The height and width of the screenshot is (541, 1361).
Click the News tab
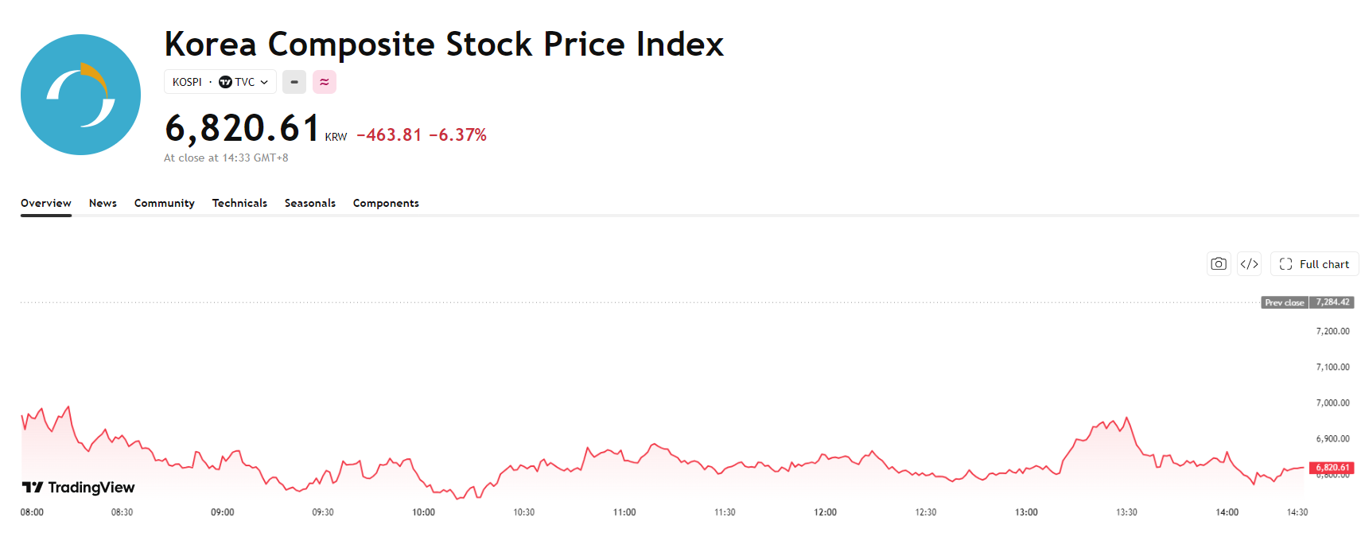click(103, 203)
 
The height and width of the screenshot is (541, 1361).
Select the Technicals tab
click(239, 203)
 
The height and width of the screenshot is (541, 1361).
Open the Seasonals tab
click(310, 203)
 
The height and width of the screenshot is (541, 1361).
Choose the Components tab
click(386, 203)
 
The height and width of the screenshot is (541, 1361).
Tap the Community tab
click(164, 203)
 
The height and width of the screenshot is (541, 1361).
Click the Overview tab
click(45, 203)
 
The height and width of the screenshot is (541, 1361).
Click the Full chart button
click(1314, 264)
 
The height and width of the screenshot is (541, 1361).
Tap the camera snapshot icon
click(1218, 264)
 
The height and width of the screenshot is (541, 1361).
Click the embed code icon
click(1249, 264)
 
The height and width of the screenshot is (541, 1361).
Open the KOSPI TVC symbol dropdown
click(220, 82)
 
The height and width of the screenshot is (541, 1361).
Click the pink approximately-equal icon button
click(325, 82)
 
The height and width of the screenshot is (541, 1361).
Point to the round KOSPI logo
click(81, 94)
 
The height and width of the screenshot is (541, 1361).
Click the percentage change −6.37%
click(457, 135)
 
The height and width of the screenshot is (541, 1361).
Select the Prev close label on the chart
click(1285, 302)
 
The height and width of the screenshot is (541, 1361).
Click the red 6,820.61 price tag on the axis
click(1332, 468)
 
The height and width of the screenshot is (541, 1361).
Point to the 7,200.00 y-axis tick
click(1332, 331)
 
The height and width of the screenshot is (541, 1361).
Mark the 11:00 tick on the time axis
click(624, 512)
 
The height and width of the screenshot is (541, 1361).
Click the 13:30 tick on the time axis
click(1126, 512)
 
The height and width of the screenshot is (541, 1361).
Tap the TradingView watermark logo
click(79, 488)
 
